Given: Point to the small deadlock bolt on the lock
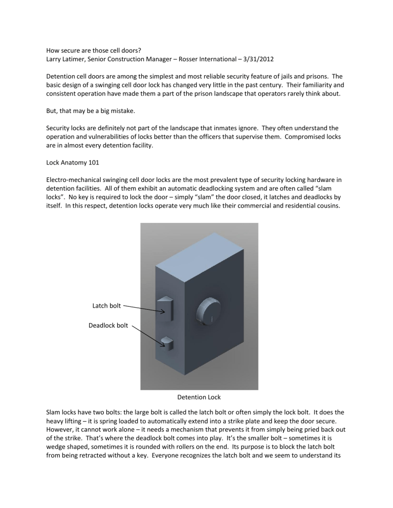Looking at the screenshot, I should [167, 342].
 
